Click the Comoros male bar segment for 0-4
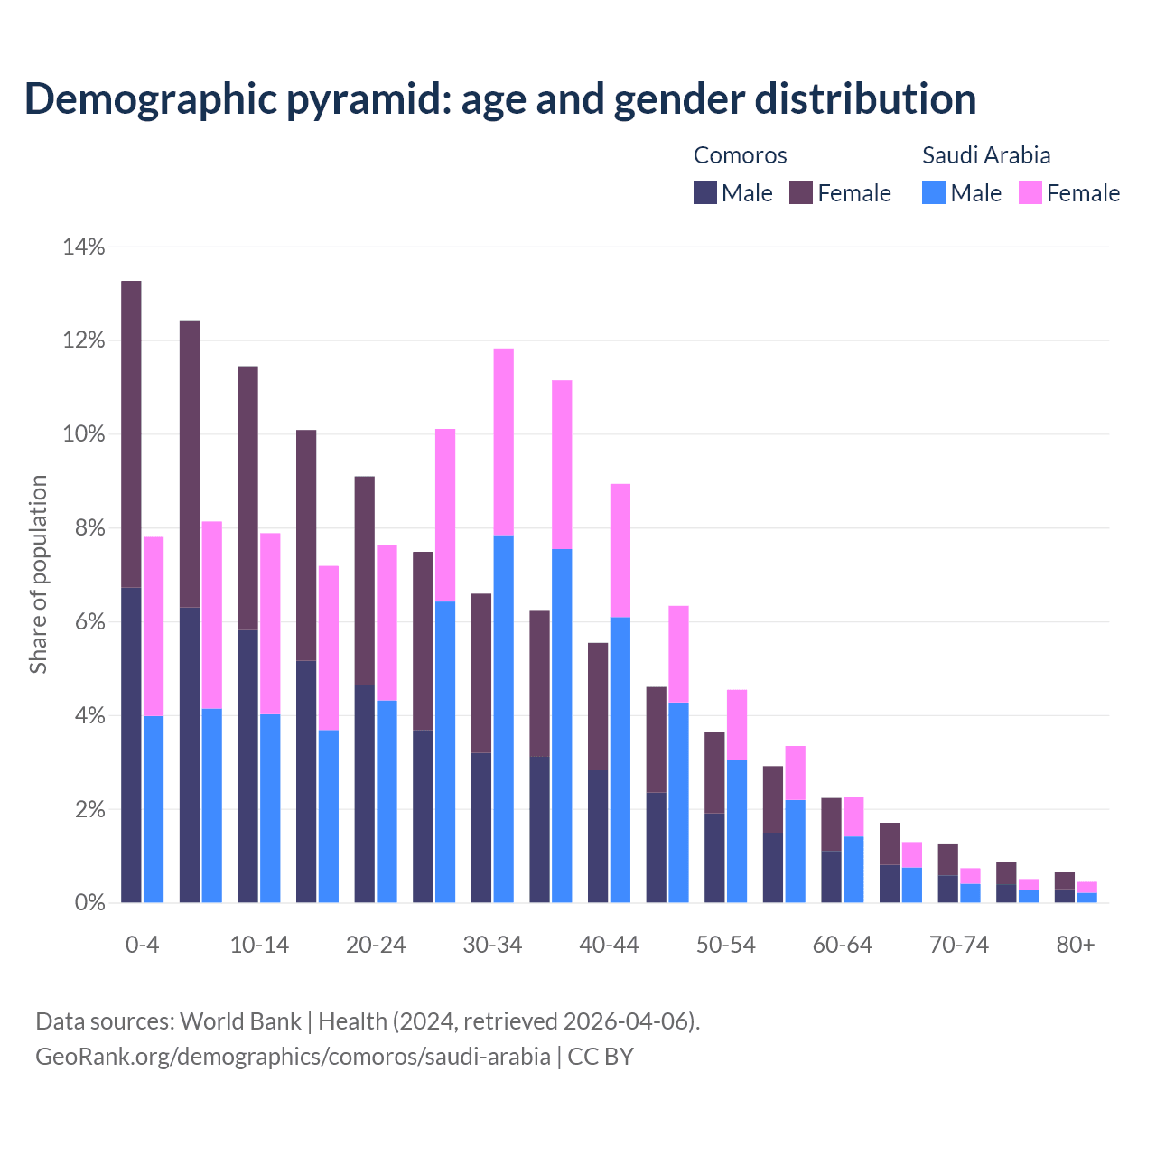point(132,745)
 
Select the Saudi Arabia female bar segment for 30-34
point(504,442)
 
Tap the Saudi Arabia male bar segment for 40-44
point(620,760)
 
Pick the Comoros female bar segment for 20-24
point(365,581)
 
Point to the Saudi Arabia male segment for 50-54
point(737,831)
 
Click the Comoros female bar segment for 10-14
point(248,498)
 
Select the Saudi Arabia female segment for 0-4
point(154,626)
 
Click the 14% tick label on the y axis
point(83,247)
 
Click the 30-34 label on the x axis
point(492,945)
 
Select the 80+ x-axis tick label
point(1076,945)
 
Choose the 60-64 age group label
point(843,945)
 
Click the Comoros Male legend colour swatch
point(705,192)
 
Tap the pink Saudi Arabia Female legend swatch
point(1030,192)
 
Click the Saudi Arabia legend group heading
point(986,155)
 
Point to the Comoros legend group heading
point(740,155)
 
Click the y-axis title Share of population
point(38,574)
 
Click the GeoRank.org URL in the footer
point(293,1056)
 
